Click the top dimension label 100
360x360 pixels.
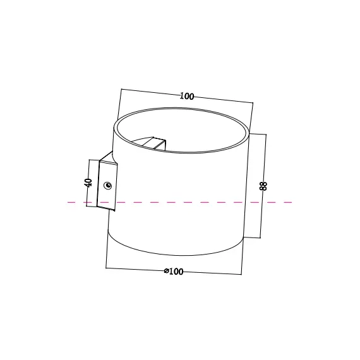(x=186, y=97)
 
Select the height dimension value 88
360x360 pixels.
(x=263, y=186)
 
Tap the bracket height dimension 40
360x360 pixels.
(x=88, y=183)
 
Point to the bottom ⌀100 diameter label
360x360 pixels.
(x=174, y=272)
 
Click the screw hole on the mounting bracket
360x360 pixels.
(x=109, y=186)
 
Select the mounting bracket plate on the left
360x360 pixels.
(x=107, y=186)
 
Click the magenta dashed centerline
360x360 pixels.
(x=189, y=202)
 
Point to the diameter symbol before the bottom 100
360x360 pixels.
(x=166, y=272)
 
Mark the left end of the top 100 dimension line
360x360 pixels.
(x=121, y=89)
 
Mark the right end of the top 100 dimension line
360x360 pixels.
(x=253, y=104)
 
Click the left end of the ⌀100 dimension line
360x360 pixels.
(x=106, y=268)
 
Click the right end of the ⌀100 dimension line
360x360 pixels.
(x=241, y=274)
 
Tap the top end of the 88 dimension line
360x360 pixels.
(x=266, y=135)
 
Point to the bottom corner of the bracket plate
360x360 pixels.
(x=115, y=210)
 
